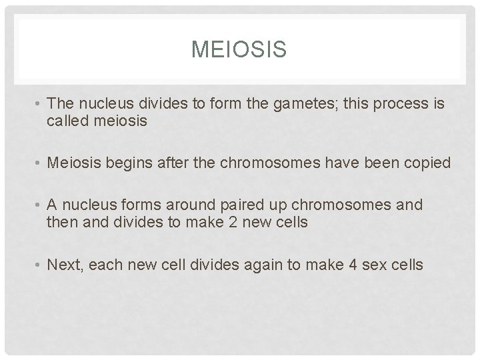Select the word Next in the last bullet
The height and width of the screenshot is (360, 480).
[x=66, y=265]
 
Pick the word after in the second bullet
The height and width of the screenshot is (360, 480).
[x=177, y=163]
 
